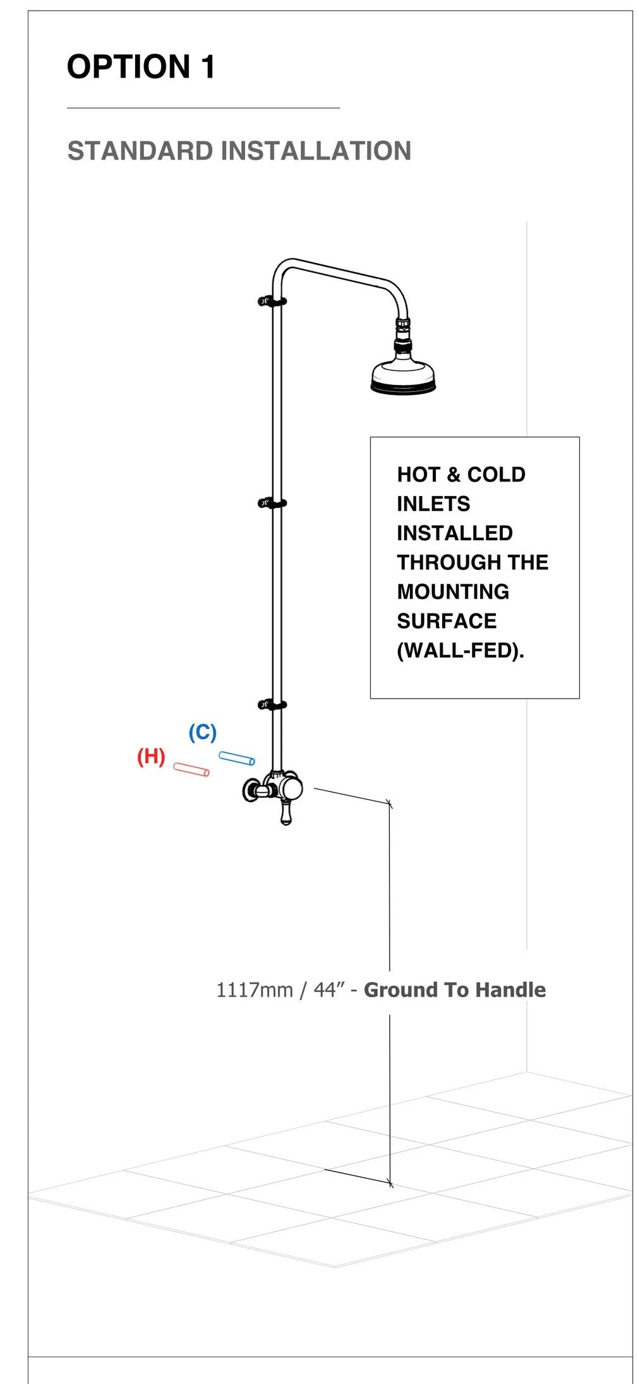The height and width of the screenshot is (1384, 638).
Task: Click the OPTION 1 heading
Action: [x=141, y=67]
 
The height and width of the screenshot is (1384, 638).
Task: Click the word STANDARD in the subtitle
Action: [x=140, y=151]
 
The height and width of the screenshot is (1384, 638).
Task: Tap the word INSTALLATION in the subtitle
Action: [x=316, y=151]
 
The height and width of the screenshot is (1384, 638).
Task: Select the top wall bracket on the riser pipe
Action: [x=272, y=301]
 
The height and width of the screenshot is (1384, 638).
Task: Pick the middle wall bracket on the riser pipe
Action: [x=272, y=503]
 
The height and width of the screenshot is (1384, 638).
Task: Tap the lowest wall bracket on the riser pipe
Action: [x=272, y=705]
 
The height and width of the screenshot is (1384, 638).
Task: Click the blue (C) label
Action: [x=202, y=732]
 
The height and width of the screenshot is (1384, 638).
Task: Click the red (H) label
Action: [x=151, y=756]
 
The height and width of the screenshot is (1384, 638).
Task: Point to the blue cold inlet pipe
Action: [x=237, y=758]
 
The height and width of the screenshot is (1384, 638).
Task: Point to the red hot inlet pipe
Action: [x=191, y=769]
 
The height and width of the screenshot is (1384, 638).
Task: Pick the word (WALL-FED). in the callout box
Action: [x=460, y=651]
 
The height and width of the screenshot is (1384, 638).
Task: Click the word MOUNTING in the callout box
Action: [x=453, y=592]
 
